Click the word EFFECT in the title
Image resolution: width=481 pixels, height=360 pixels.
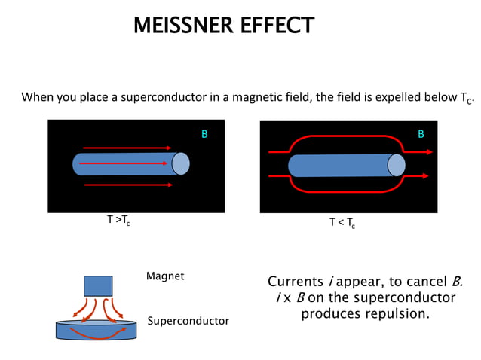[276, 26]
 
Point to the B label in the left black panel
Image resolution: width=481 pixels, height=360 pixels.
[204, 134]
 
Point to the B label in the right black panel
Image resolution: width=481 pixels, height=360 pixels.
[421, 134]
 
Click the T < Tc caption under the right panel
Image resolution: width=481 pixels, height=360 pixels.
[342, 223]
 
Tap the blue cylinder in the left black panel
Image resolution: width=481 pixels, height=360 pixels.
[124, 163]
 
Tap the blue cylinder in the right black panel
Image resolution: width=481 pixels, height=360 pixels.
[339, 166]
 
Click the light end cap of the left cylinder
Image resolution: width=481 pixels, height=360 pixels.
[181, 163]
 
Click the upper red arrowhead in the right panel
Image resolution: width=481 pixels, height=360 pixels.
[429, 152]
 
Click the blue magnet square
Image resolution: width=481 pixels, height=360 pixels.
[98, 285]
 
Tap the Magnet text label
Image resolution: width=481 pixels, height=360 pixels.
[165, 276]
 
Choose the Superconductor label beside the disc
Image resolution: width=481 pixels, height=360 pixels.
[188, 321]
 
